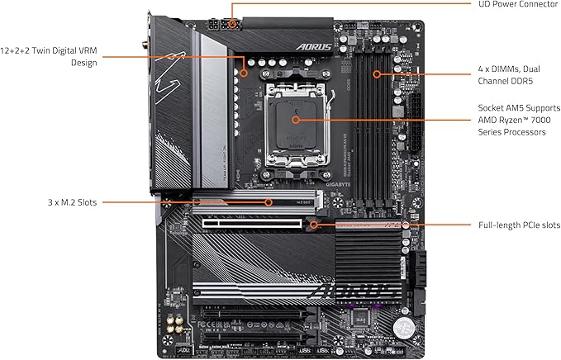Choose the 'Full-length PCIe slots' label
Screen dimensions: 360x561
[519, 225]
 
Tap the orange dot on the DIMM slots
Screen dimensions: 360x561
[378, 73]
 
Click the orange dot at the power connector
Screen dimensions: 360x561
[232, 24]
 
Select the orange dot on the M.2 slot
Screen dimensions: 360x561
[269, 201]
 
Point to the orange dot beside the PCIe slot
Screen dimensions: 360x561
[314, 224]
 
